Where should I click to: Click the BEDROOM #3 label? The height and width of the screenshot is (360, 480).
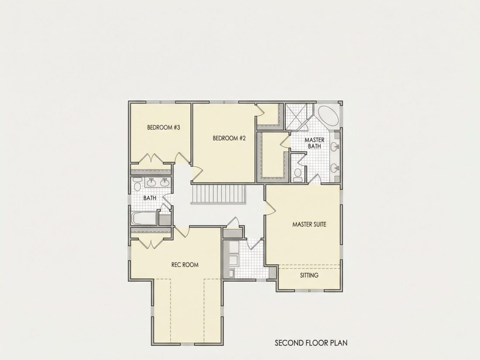[x=164, y=127]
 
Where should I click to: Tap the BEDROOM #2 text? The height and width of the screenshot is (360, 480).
[x=229, y=138]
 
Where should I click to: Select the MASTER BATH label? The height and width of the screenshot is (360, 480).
[x=314, y=143]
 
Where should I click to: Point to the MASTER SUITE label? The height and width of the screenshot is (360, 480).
[x=309, y=224]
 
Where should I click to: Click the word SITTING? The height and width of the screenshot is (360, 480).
[x=309, y=275]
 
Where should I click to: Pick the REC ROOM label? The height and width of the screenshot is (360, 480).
[x=185, y=265]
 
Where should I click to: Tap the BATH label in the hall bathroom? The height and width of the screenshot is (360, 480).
[x=150, y=198]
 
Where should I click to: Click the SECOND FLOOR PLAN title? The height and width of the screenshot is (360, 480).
[x=311, y=343]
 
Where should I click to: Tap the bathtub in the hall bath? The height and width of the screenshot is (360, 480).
[x=144, y=218]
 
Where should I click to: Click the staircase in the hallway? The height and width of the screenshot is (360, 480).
[x=219, y=194]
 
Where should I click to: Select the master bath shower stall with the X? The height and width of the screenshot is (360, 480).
[x=298, y=117]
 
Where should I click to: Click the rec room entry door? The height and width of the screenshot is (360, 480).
[x=181, y=232]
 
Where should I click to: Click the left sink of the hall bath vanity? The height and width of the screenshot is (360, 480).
[x=151, y=183]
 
